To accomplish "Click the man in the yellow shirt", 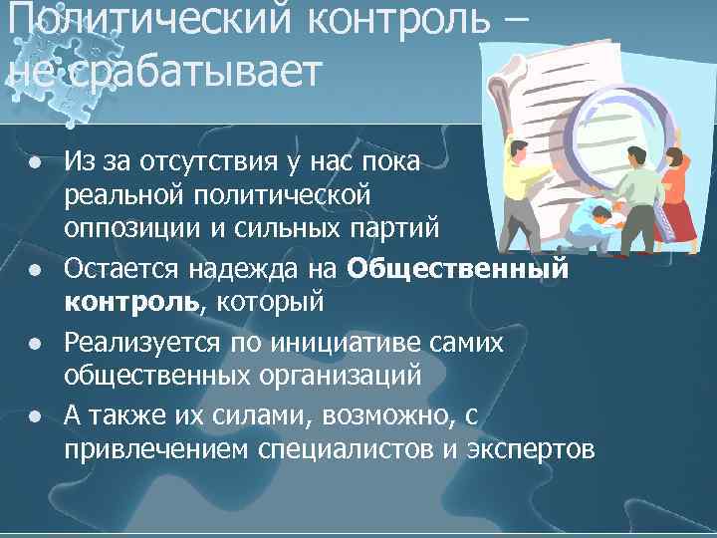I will (522, 179).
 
